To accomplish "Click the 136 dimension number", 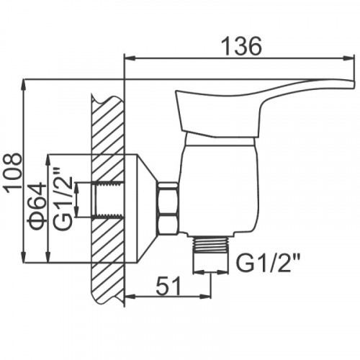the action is click(240, 46).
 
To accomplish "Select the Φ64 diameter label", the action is click(37, 206).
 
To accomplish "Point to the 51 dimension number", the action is click(168, 286).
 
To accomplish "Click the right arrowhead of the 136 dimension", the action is click(348, 58).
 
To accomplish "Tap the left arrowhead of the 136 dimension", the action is click(131, 58).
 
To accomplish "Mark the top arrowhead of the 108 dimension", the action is click(24, 84).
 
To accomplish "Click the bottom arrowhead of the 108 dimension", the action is click(24, 257).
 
